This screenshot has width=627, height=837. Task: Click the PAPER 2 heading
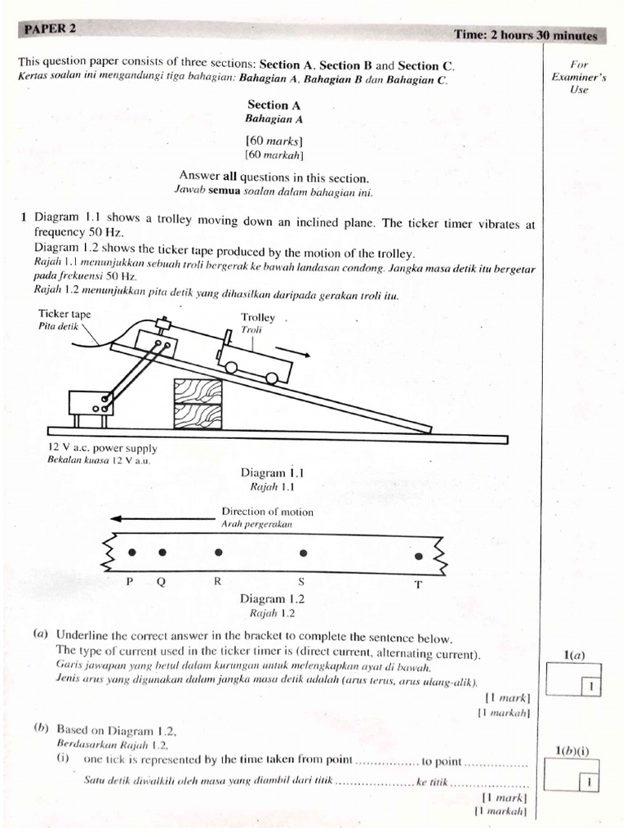click(50, 28)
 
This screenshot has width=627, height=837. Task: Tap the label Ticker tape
click(64, 314)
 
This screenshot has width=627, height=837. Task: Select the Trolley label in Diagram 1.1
click(258, 317)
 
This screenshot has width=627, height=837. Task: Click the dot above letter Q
click(162, 553)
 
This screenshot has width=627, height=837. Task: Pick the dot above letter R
click(218, 553)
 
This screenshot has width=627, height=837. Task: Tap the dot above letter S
click(304, 553)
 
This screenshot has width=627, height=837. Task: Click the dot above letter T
click(420, 556)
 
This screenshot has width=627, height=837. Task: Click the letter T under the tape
click(419, 584)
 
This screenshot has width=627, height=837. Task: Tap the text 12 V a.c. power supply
click(103, 448)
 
